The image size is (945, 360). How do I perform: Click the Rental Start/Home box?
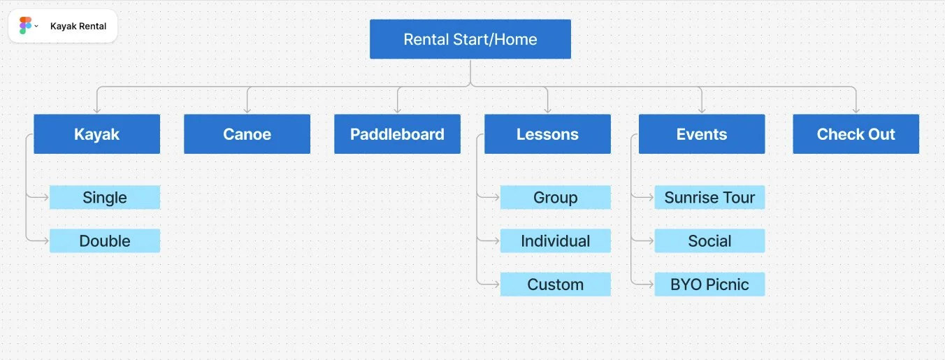(x=470, y=39)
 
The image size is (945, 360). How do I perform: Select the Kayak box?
(x=96, y=134)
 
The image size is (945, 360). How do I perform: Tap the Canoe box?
(x=247, y=134)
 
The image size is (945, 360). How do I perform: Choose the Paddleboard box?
(x=397, y=134)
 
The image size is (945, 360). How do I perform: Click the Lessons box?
(x=547, y=134)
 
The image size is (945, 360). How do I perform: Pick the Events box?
(x=702, y=134)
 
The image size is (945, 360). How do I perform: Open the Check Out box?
(x=856, y=134)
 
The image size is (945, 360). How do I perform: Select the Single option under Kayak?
(x=105, y=197)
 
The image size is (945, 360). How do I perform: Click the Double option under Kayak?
(x=105, y=240)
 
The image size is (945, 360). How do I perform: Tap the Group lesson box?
(x=555, y=197)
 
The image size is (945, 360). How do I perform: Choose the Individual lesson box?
(x=555, y=240)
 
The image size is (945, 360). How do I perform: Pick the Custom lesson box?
(x=555, y=284)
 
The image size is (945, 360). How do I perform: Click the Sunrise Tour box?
(x=709, y=197)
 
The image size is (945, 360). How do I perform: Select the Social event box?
(x=709, y=240)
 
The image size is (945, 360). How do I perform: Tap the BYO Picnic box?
(x=709, y=284)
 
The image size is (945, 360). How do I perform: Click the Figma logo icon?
(x=25, y=26)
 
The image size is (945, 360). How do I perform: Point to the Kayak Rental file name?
(x=78, y=27)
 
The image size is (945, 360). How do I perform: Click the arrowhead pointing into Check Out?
(x=856, y=110)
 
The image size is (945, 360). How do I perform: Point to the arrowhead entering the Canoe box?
(x=247, y=110)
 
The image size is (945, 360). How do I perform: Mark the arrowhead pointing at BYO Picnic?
(x=650, y=284)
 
